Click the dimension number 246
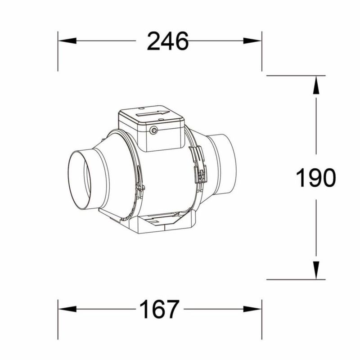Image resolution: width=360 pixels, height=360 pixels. (167, 41)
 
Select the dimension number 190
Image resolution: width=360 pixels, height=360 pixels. (316, 177)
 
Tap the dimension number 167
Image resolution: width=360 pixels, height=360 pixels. (159, 309)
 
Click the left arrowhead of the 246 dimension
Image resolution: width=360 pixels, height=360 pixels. (67, 41)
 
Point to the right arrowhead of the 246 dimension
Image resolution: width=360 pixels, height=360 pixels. (252, 41)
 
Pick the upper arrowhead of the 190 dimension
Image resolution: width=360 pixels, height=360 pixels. (316, 85)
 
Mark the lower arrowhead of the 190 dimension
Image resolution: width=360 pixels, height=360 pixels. (316, 270)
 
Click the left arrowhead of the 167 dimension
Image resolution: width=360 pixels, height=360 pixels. (67, 309)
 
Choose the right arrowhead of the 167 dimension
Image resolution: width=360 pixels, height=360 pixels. (252, 309)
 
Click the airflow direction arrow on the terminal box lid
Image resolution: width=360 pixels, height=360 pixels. (153, 113)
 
